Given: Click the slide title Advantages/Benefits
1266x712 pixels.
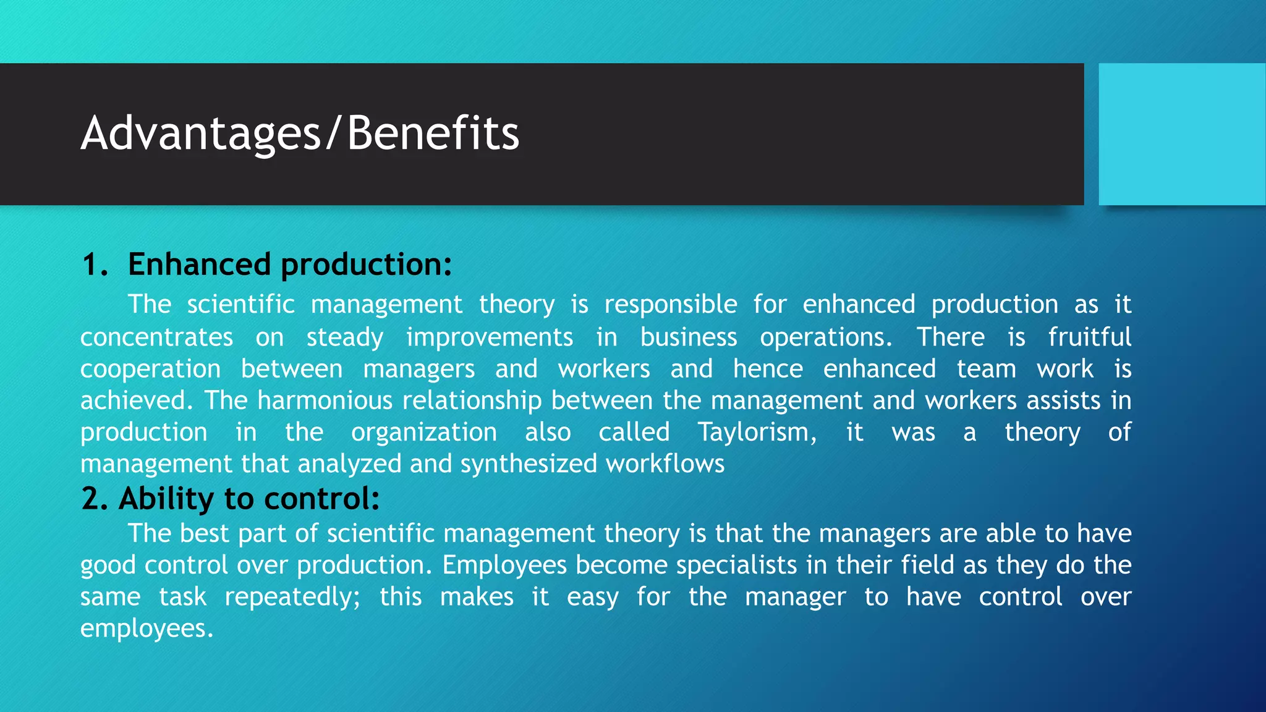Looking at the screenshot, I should tap(300, 133).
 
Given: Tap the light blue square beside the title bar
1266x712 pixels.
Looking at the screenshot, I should tap(1181, 134).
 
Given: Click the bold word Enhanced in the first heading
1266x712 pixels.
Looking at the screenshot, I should tap(199, 265).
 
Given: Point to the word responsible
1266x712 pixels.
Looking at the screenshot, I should tap(671, 305).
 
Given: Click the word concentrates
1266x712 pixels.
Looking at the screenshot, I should tap(156, 337).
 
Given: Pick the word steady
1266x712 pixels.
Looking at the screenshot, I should tap(345, 337).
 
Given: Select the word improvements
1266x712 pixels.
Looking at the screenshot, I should tap(490, 337).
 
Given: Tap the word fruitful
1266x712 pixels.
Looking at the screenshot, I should tap(1089, 337).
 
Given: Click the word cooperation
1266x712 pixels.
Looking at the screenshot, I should tap(150, 370).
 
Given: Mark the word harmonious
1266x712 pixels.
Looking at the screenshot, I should tap(325, 400).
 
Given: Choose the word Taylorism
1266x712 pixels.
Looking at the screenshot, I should tap(757, 432).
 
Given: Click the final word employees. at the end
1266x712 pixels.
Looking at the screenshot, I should tap(147, 629).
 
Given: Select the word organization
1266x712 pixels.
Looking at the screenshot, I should tap(424, 432).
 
